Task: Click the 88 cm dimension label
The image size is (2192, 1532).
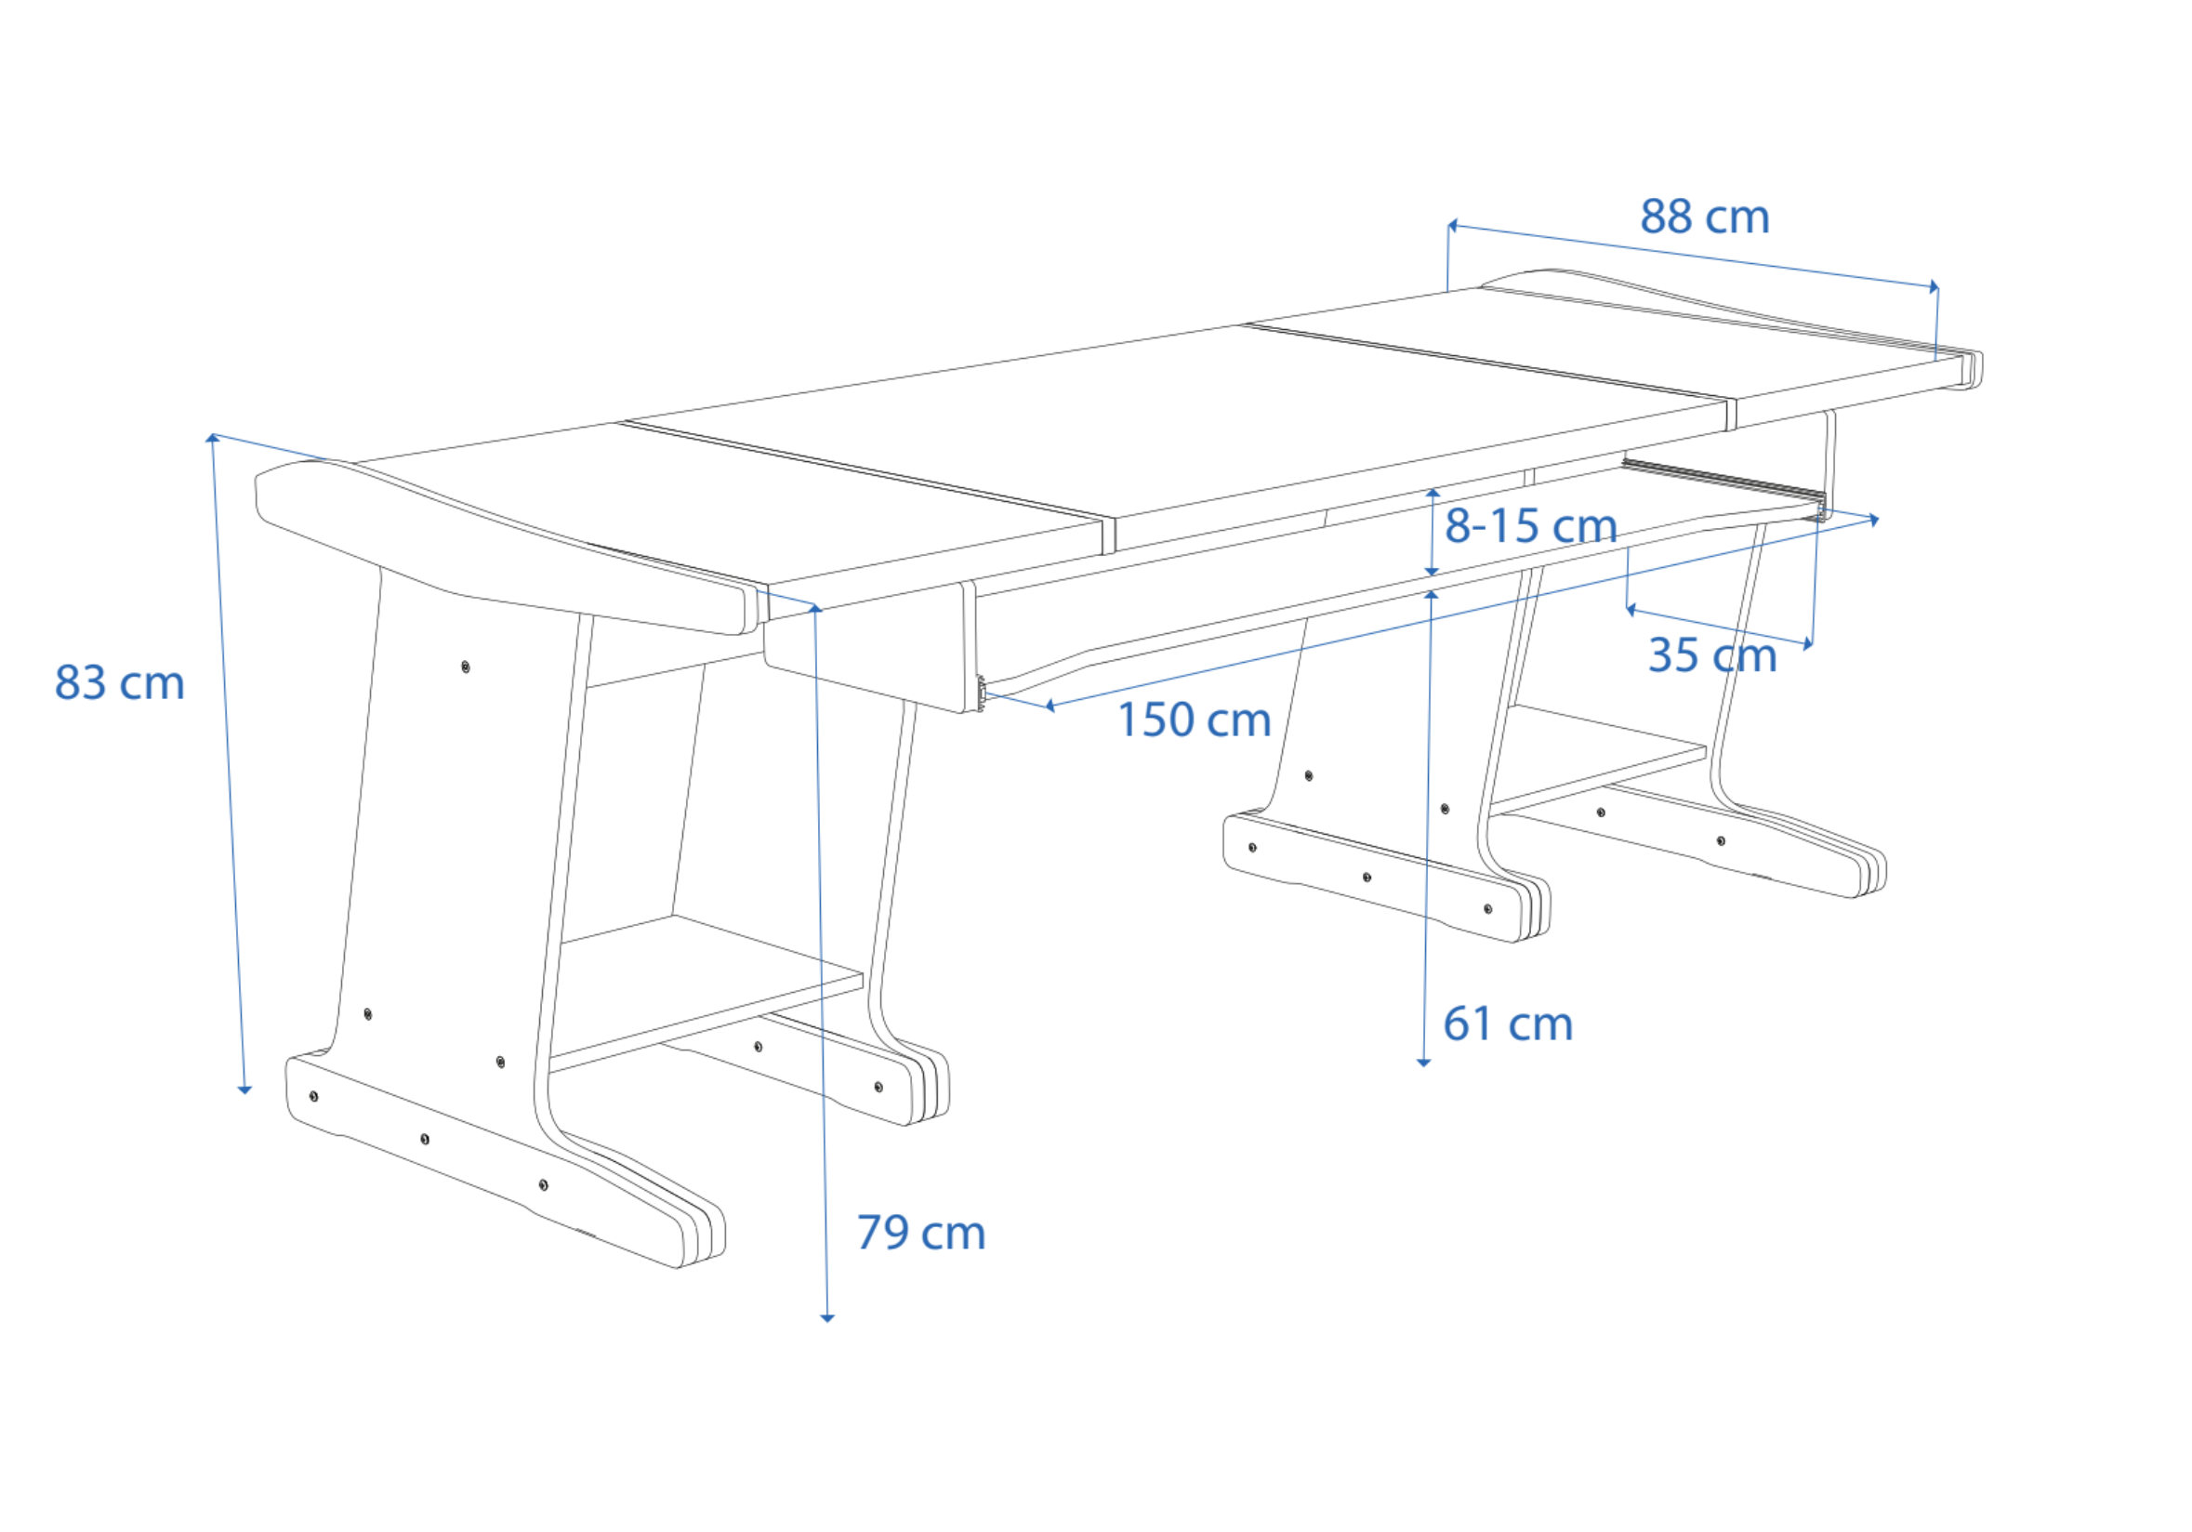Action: pyautogui.click(x=1705, y=217)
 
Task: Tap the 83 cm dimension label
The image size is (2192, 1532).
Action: pyautogui.click(x=119, y=683)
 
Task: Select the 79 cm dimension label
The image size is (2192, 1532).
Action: pyautogui.click(x=921, y=1234)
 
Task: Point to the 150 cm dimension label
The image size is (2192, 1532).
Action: pyautogui.click(x=1195, y=720)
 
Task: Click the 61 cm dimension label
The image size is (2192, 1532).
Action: pyautogui.click(x=1509, y=1024)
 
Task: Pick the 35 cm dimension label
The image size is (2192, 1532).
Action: pyautogui.click(x=1712, y=655)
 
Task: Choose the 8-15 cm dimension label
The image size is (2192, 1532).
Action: pyautogui.click(x=1531, y=526)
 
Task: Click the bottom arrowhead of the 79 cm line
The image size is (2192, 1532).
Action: pyautogui.click(x=827, y=1318)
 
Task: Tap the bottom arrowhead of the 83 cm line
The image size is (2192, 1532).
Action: pyautogui.click(x=244, y=1090)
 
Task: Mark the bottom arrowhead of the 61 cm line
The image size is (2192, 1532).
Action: pyautogui.click(x=1423, y=1063)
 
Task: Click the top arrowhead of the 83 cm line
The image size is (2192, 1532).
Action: pyautogui.click(x=213, y=438)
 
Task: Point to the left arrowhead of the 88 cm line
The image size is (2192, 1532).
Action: pyautogui.click(x=1452, y=226)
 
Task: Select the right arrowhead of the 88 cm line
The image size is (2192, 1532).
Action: pyautogui.click(x=1935, y=286)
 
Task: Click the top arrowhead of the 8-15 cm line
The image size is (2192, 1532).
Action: pyautogui.click(x=1433, y=493)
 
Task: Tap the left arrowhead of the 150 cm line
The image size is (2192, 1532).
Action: pyautogui.click(x=1050, y=706)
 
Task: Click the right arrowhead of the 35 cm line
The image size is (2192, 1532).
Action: pyautogui.click(x=1808, y=644)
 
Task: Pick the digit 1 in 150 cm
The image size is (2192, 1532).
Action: pyautogui.click(x=1128, y=720)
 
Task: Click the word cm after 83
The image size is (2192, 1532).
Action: pyautogui.click(x=152, y=685)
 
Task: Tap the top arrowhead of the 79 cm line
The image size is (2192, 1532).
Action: pyautogui.click(x=815, y=608)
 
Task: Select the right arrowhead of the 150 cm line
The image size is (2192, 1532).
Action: pyautogui.click(x=1874, y=521)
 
